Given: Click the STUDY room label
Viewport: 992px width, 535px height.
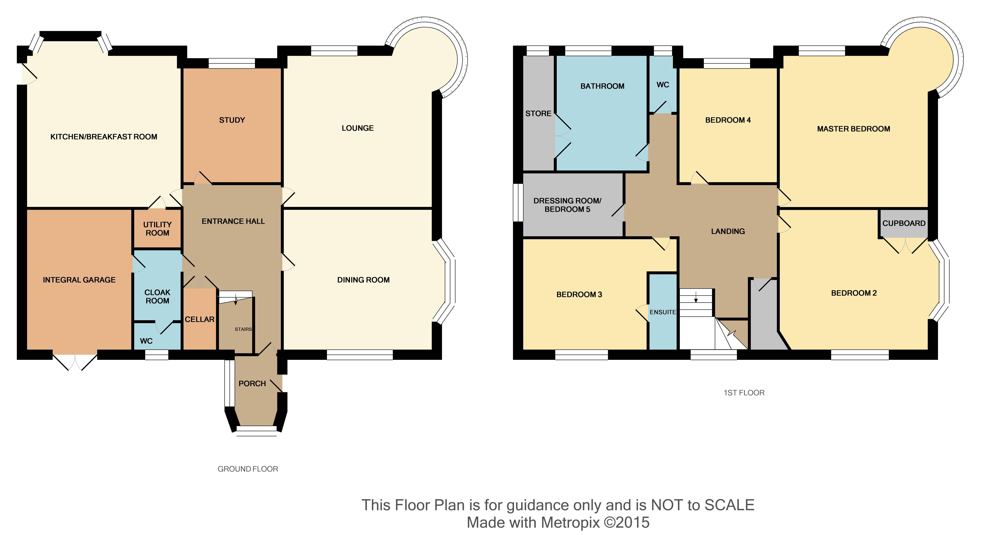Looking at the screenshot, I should (x=232, y=120).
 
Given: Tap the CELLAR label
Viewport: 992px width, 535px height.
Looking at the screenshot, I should (x=199, y=319).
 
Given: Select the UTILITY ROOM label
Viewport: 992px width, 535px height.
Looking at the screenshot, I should (x=157, y=229).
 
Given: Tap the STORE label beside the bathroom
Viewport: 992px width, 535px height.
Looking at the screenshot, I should (x=538, y=113).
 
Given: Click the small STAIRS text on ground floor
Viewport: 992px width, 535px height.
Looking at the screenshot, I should (x=243, y=329).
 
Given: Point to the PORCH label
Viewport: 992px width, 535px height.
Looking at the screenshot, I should (x=252, y=384).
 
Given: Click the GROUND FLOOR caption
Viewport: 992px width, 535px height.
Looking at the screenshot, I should (x=248, y=469).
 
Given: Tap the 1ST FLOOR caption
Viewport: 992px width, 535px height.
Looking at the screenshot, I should (x=744, y=393).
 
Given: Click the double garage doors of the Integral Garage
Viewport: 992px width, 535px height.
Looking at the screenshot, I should (x=75, y=362).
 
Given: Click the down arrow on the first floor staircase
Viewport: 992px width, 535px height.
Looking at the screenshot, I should (x=695, y=297).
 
